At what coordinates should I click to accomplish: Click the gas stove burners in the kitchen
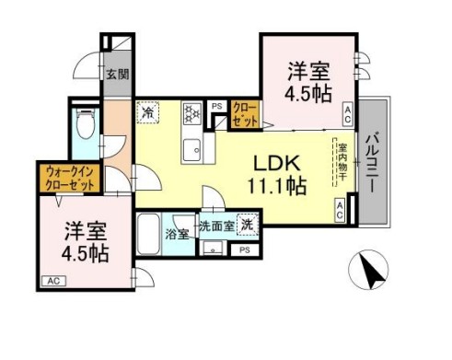tap(193, 113)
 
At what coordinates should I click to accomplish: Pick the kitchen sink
tap(193, 147)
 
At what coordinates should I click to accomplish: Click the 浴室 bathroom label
tap(179, 234)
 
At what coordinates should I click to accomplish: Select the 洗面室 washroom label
tap(216, 224)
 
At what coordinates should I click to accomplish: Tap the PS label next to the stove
tap(219, 105)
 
